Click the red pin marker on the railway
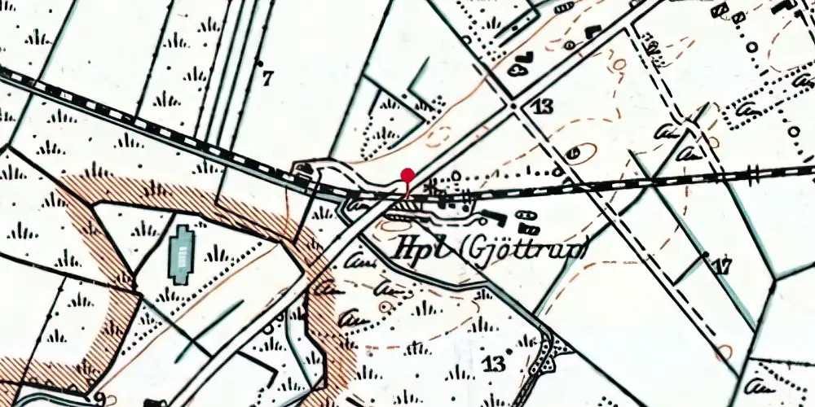point(407,174)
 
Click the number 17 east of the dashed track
point(721,265)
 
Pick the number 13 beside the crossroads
point(540,107)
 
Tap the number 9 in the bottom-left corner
point(99,397)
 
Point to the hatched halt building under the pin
point(405,209)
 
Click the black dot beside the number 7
point(260,62)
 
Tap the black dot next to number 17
point(704,256)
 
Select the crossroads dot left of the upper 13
point(512,106)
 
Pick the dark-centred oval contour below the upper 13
point(575,152)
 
